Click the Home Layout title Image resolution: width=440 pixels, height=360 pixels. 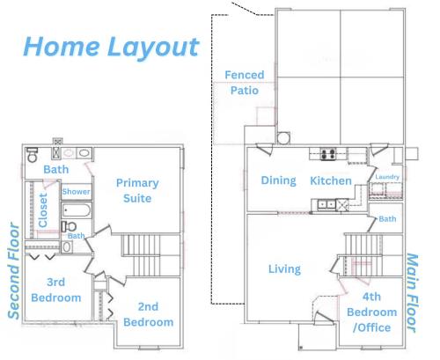112,47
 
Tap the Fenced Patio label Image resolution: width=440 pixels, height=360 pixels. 245,83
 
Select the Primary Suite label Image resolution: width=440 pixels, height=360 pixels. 137,191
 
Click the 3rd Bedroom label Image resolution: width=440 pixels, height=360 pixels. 56,290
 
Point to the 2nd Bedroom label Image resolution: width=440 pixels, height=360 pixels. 149,314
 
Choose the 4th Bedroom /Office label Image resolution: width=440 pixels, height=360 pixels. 372,312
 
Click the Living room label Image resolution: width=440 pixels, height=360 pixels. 284,269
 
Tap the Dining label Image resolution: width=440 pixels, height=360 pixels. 278,180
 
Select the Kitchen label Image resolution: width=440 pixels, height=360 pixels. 331,180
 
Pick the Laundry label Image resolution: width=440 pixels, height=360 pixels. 387,177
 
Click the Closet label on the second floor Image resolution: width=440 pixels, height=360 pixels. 43,210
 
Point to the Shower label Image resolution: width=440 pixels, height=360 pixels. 76,192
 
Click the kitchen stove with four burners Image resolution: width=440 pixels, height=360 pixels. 328,154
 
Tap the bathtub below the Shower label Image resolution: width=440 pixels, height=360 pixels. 77,210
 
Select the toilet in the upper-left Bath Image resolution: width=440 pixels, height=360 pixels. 32,155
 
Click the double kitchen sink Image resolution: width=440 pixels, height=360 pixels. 326,204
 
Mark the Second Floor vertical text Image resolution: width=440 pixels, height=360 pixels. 13,271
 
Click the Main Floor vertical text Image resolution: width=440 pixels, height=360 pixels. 412,293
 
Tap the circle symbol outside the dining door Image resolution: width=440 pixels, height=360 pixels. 283,138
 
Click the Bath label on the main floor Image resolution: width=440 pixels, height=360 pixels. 387,219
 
